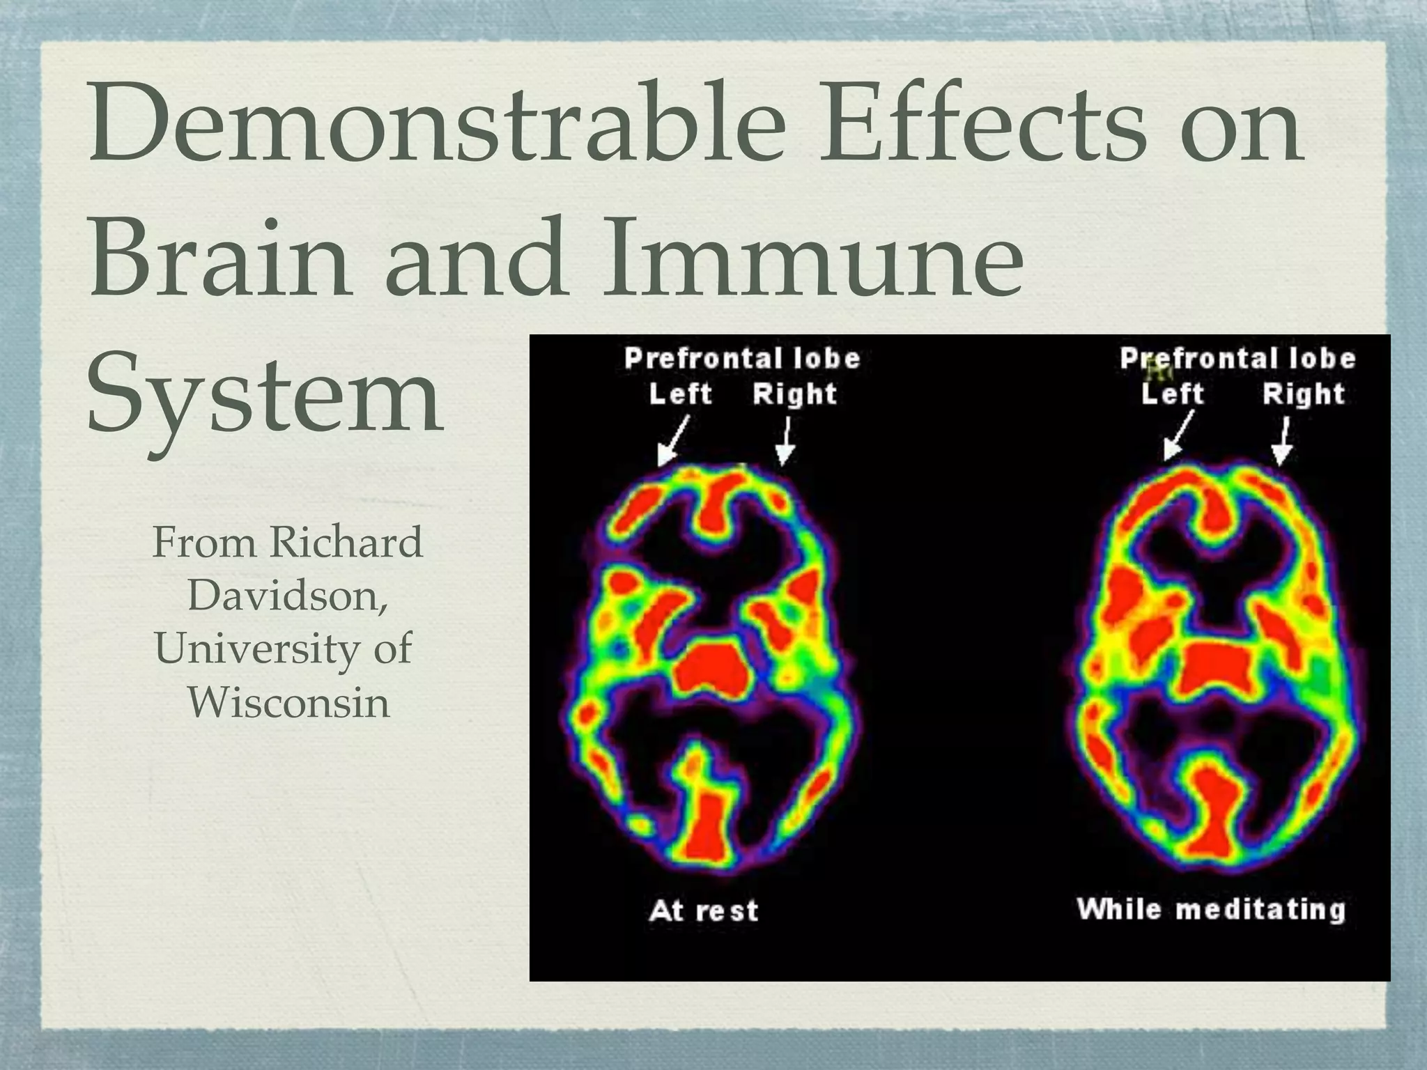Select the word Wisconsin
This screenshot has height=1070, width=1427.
(288, 702)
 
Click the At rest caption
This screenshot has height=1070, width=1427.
(703, 910)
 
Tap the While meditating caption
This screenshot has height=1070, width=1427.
(1211, 909)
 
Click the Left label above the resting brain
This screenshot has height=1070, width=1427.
(680, 394)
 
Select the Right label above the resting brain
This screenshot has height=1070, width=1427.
(794, 394)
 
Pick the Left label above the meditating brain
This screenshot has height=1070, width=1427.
(1173, 394)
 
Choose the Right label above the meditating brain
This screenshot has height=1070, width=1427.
(1303, 394)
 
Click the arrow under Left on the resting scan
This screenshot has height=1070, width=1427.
(673, 441)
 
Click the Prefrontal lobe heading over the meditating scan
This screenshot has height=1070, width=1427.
(1237, 359)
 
